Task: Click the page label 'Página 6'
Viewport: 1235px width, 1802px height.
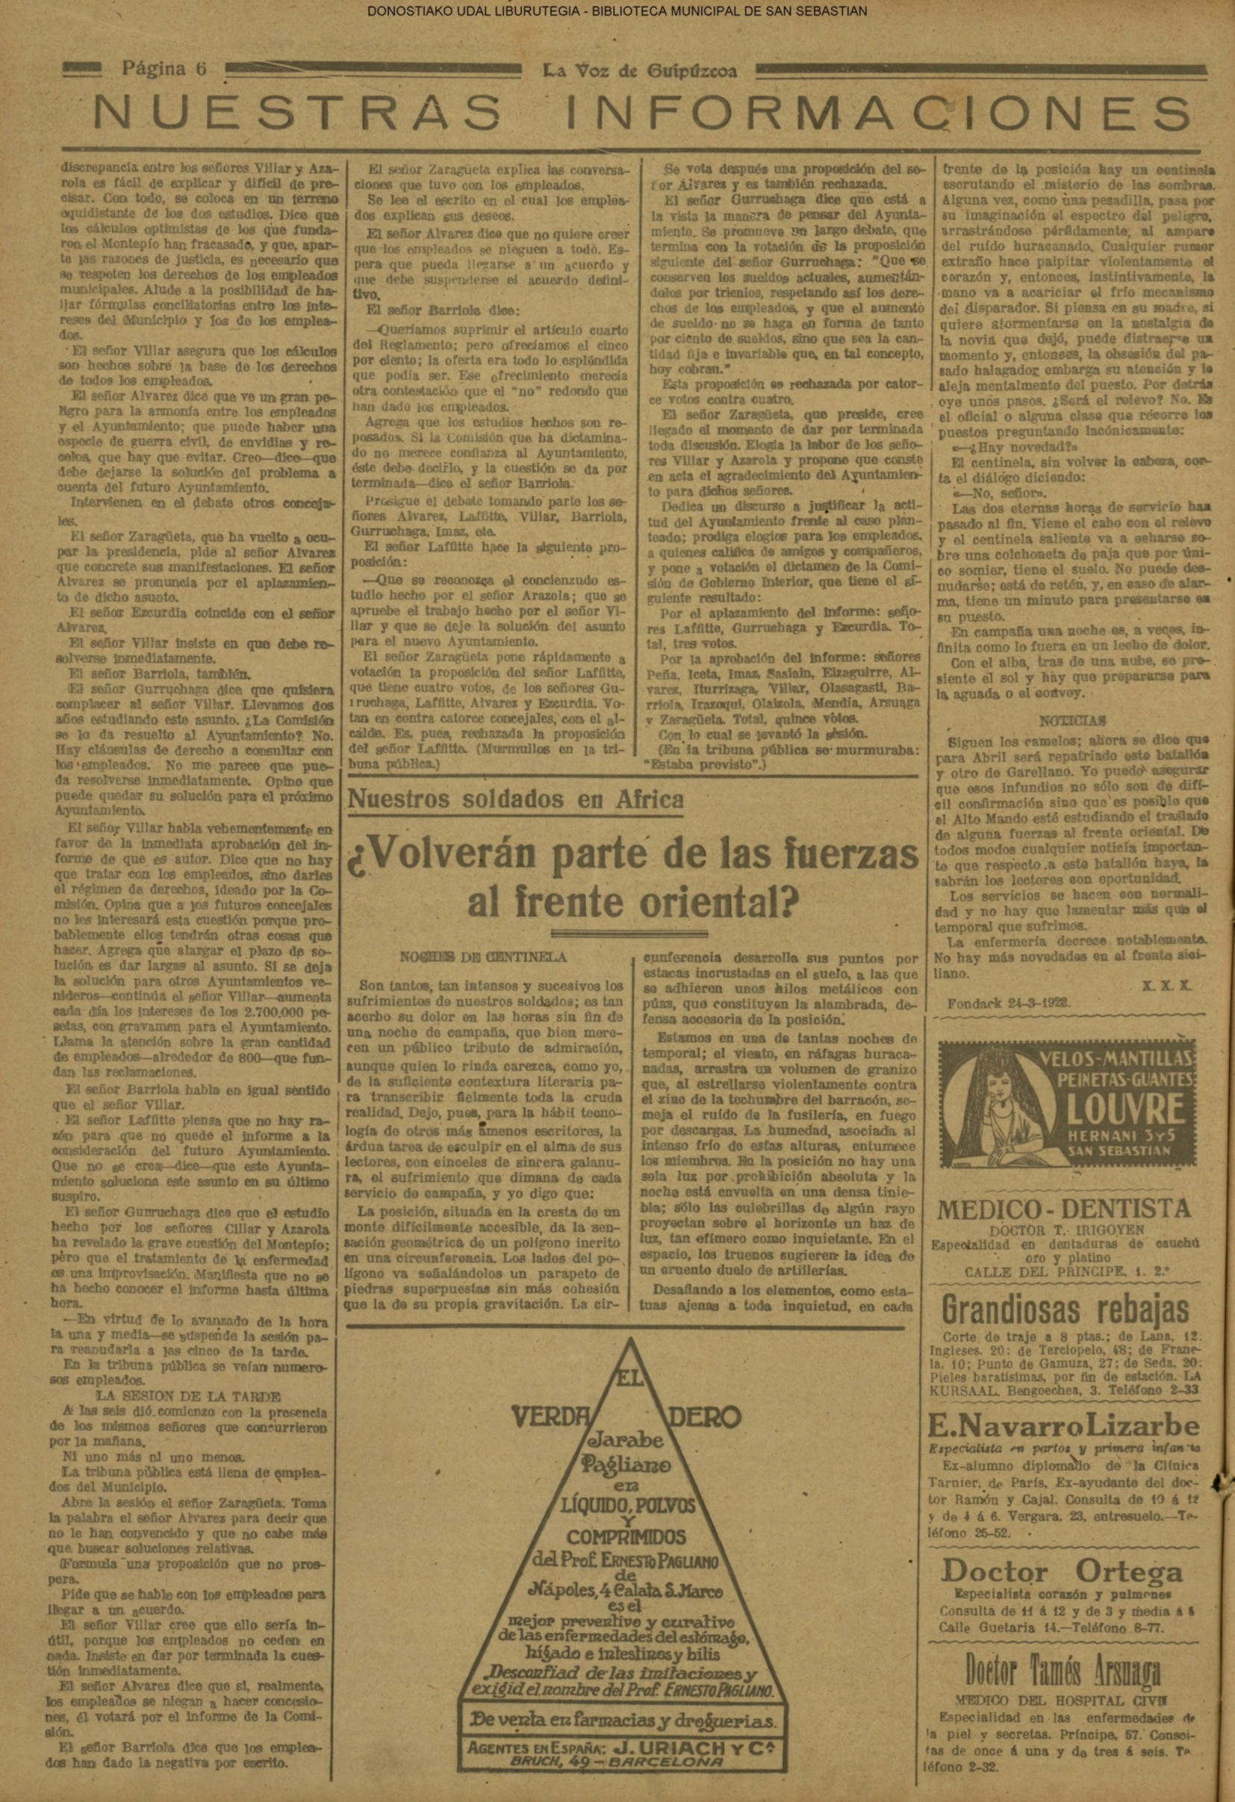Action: pyautogui.click(x=164, y=69)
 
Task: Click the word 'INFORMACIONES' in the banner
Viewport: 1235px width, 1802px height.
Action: pyautogui.click(x=878, y=113)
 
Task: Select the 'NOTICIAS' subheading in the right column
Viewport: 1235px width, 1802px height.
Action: pyautogui.click(x=1073, y=720)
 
